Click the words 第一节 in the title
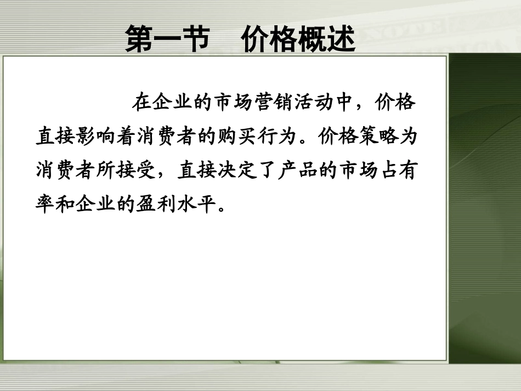pyautogui.click(x=167, y=40)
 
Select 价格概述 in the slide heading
pyautogui.click(x=298, y=40)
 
